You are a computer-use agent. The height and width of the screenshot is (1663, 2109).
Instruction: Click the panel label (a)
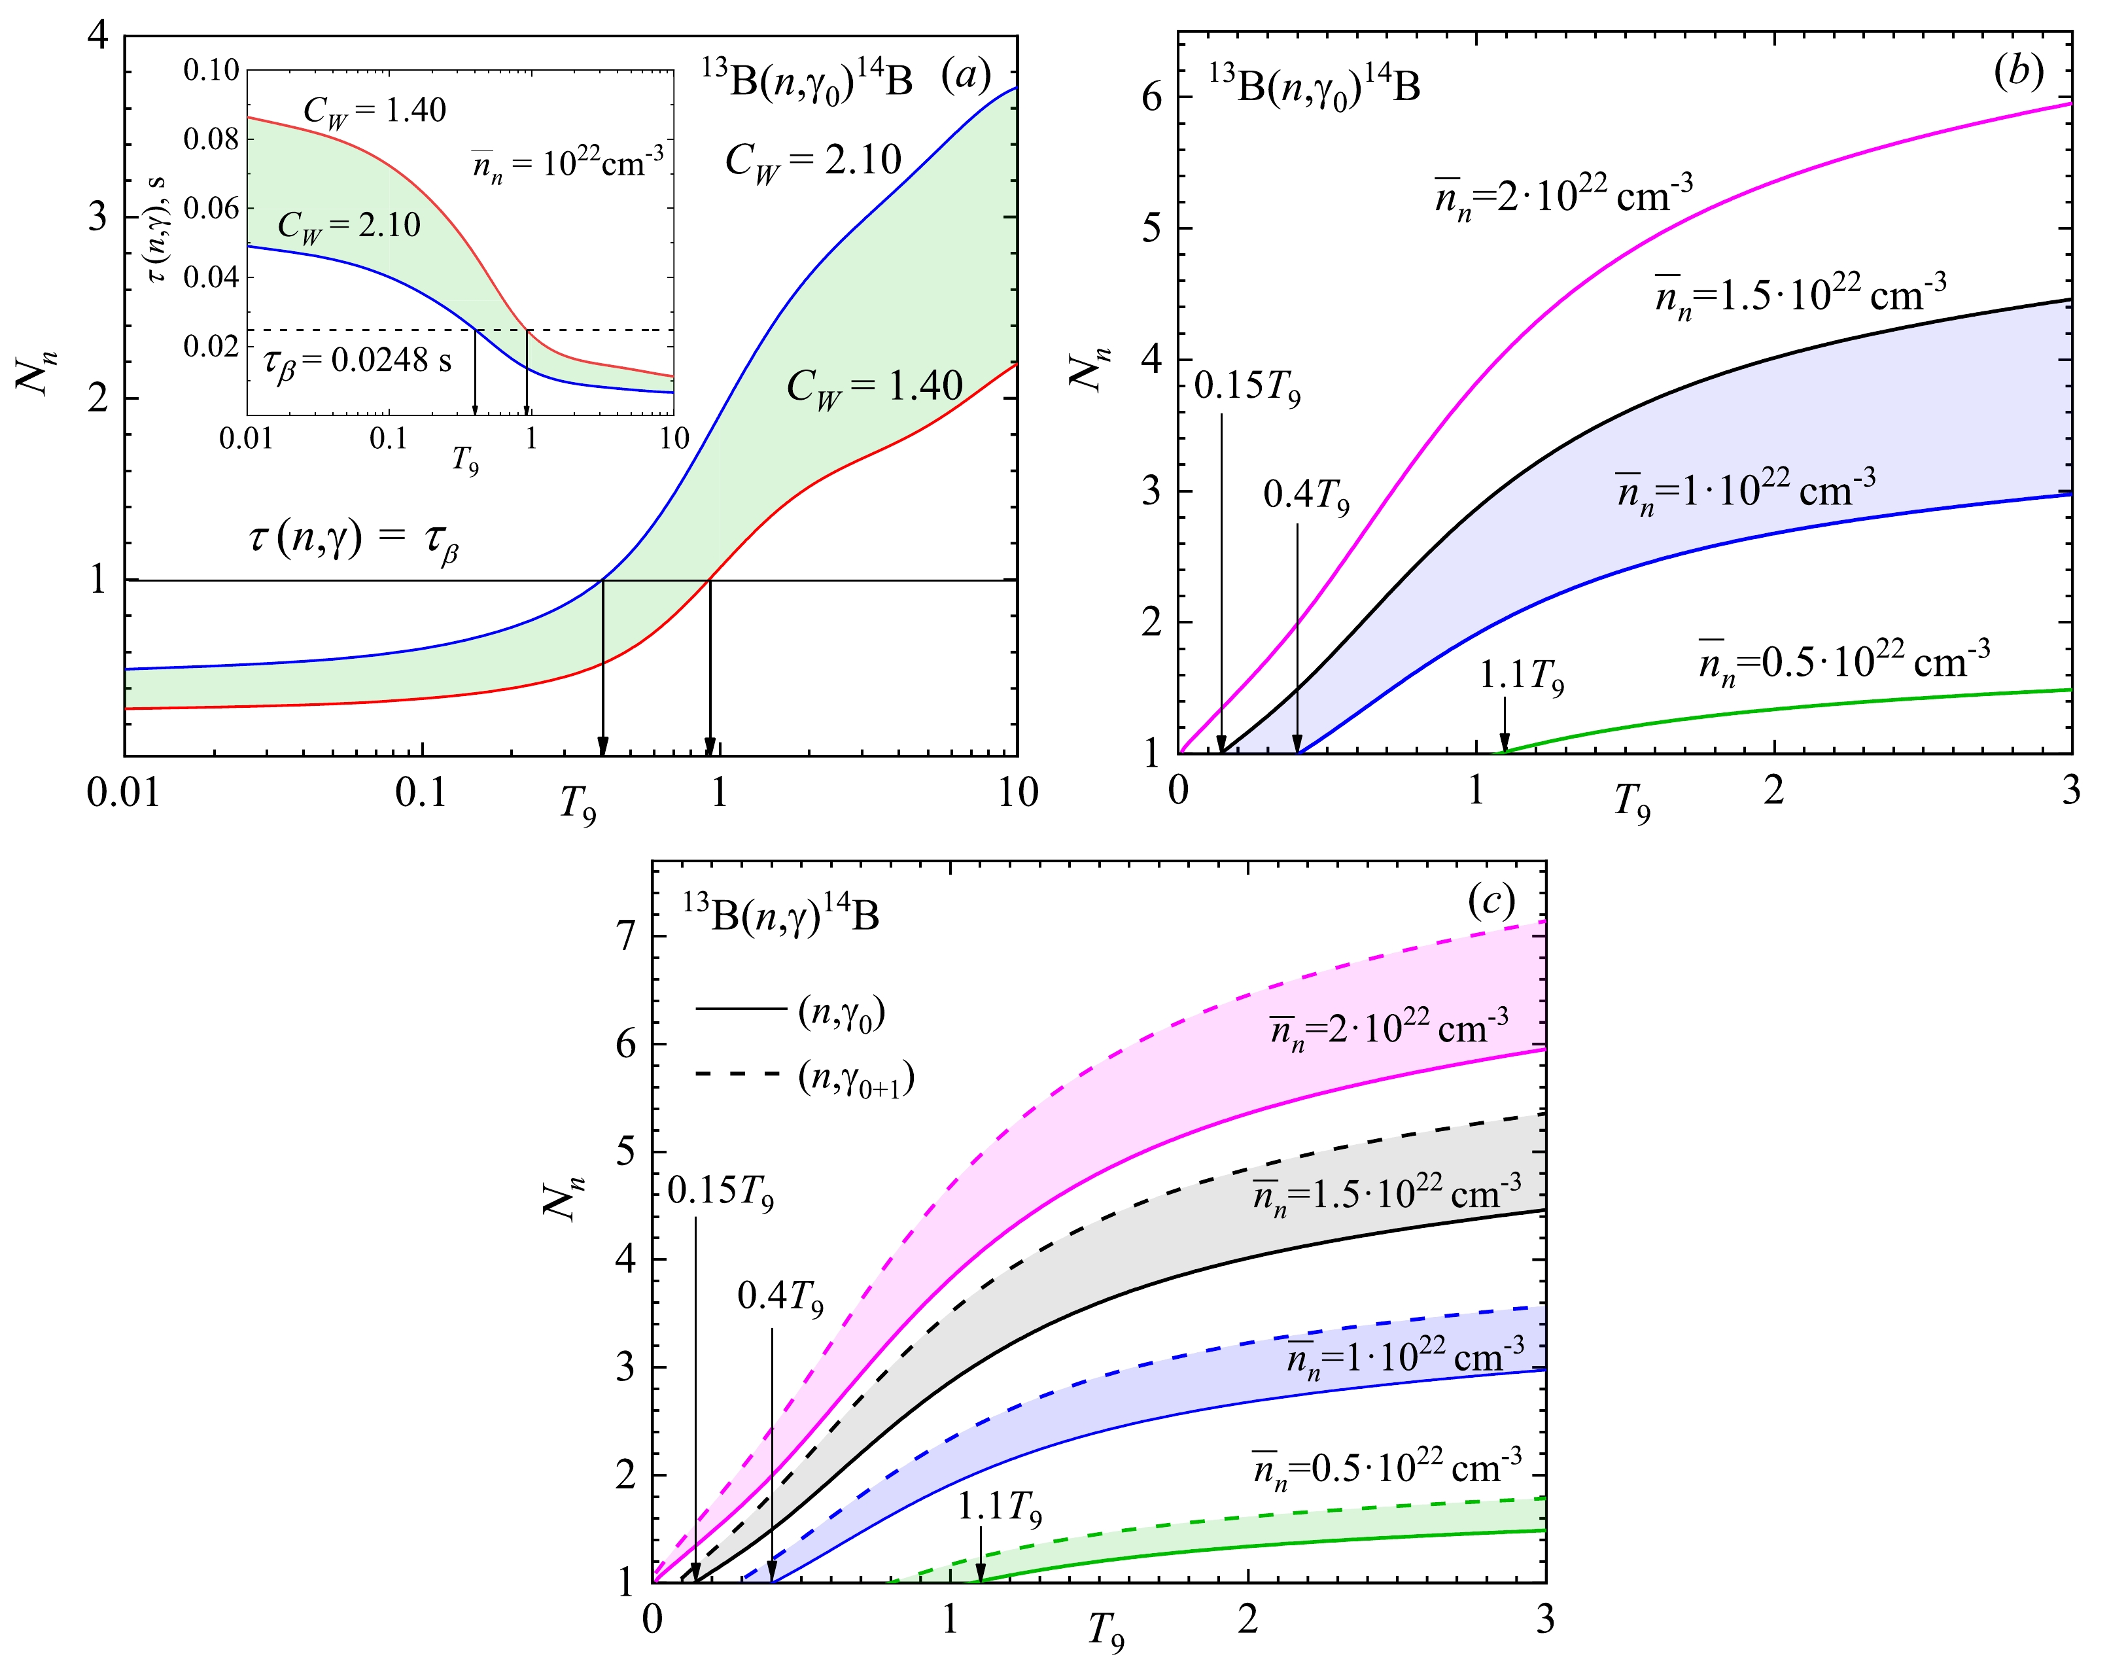[x=965, y=75]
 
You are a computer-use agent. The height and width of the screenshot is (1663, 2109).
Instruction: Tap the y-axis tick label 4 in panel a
[x=97, y=37]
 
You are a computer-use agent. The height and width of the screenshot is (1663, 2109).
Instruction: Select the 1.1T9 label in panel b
[x=1522, y=676]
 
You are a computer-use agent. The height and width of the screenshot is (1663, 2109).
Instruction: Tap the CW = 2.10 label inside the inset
[x=349, y=226]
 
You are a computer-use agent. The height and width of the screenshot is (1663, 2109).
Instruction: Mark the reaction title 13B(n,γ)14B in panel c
[x=781, y=915]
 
